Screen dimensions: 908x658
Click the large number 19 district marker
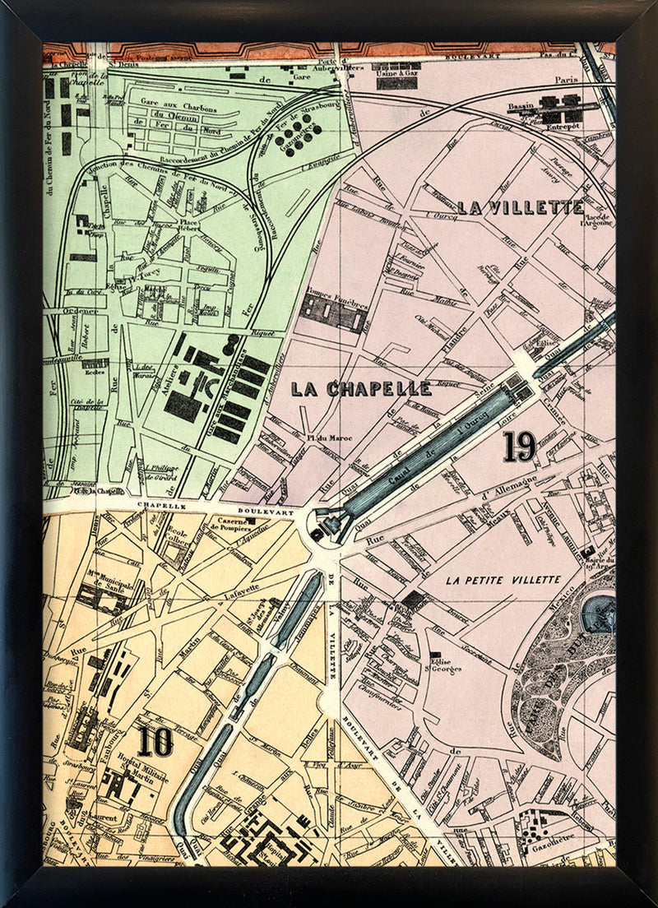coord(520,446)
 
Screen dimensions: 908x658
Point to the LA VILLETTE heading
coord(521,207)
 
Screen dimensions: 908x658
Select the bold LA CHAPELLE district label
coord(361,389)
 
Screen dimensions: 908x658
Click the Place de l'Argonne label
coord(596,219)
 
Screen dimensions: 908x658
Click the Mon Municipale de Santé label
coord(107,586)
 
